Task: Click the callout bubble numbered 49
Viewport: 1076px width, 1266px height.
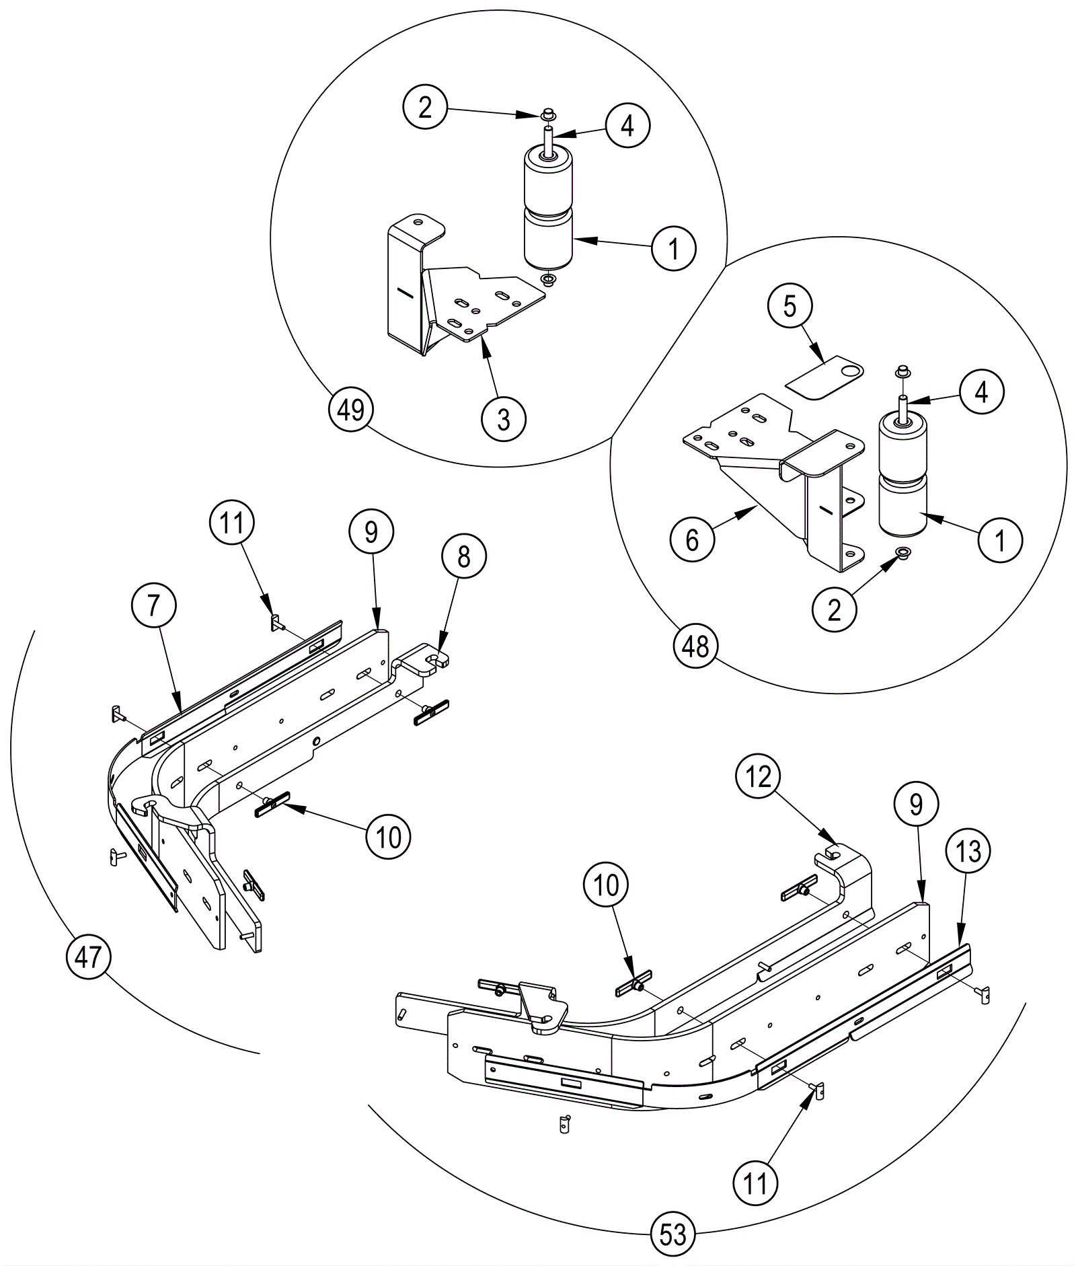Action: tap(351, 409)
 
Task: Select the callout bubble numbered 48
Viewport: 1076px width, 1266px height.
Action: tap(695, 646)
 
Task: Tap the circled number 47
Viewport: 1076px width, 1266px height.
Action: tap(88, 956)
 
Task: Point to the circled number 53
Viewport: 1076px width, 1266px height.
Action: tap(673, 1234)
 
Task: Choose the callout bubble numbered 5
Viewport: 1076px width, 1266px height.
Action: tap(790, 306)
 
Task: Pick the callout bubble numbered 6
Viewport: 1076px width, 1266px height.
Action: tap(693, 539)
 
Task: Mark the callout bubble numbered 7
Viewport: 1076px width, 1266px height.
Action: tap(154, 605)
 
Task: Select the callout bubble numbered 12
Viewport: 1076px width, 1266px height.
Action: tap(759, 777)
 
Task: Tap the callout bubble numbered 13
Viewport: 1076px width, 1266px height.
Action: tap(968, 852)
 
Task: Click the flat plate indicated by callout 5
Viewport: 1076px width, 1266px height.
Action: tap(824, 378)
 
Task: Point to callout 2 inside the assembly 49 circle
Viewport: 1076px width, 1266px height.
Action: tap(425, 107)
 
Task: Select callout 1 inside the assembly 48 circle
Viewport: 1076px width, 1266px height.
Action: tap(1000, 539)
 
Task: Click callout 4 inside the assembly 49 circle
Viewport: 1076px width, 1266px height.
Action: tap(627, 125)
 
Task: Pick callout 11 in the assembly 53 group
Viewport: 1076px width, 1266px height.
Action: tap(755, 1183)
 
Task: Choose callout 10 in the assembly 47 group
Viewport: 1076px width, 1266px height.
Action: tap(389, 837)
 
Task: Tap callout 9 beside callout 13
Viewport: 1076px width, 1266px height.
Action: tap(916, 805)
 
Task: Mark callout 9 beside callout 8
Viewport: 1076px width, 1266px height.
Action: tap(371, 532)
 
